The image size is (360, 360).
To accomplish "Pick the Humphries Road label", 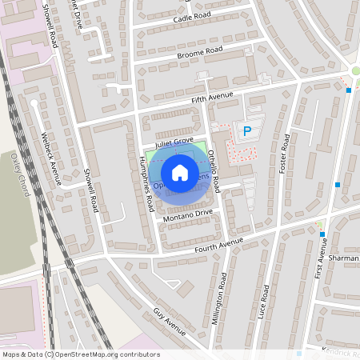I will pyautogui.click(x=147, y=183).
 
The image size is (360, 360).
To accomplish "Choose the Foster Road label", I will pyautogui.click(x=284, y=153).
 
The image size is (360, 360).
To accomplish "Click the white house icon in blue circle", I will pyautogui.click(x=180, y=173).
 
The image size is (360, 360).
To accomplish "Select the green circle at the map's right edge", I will pyautogui.click(x=356, y=71).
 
